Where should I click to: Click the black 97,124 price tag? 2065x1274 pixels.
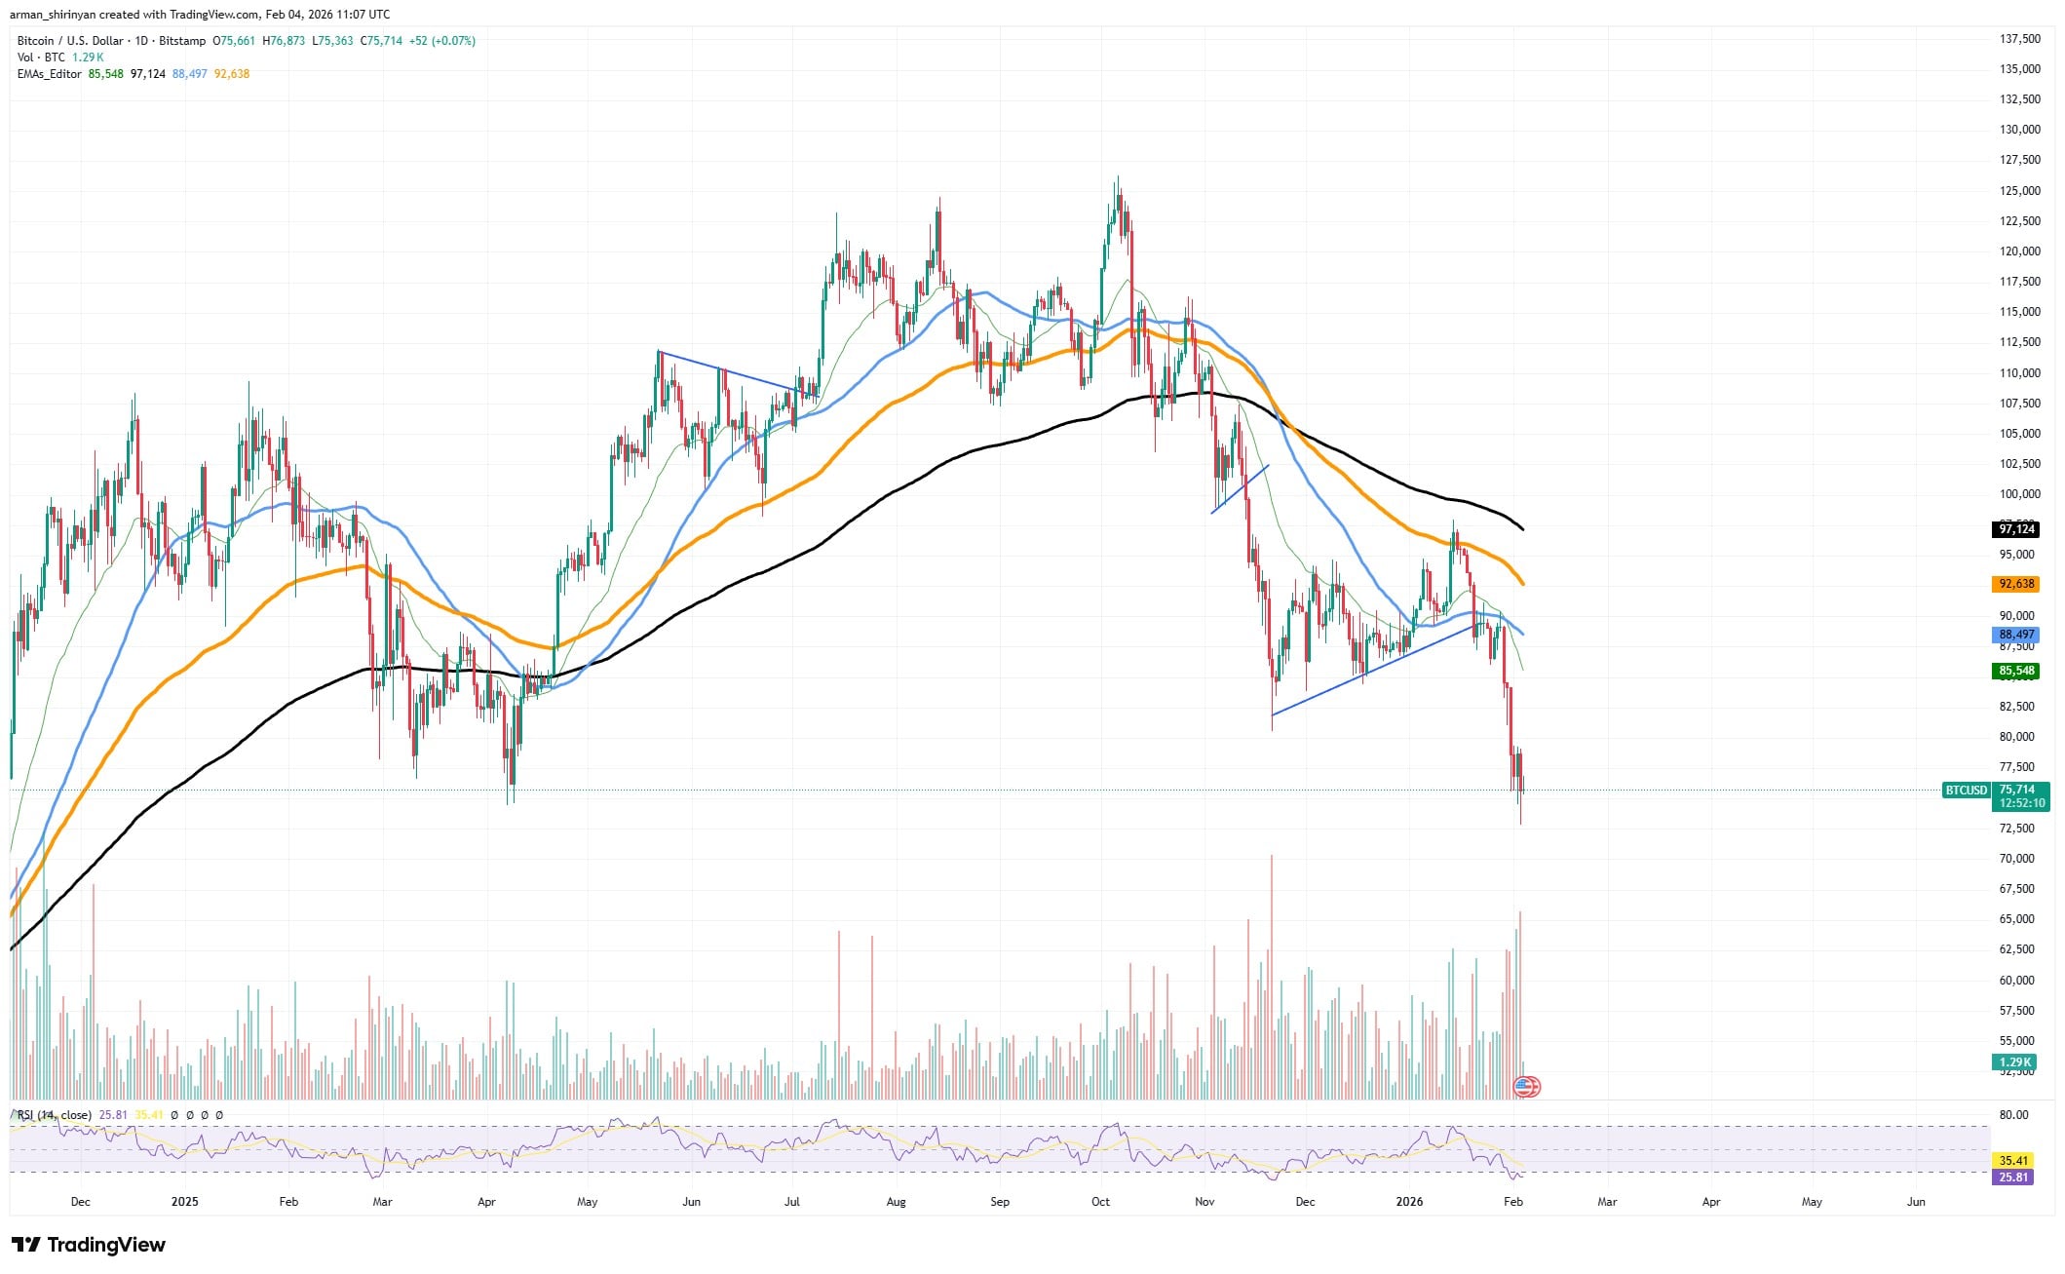[2016, 529]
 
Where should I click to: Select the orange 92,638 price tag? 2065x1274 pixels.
[2016, 584]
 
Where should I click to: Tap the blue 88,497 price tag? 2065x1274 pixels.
[2016, 635]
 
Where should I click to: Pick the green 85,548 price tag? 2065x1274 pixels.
[2016, 671]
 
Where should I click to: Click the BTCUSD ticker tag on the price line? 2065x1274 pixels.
[1965, 791]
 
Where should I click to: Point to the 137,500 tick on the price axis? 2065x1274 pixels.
[2011, 39]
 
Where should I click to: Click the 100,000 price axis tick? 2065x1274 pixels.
[2011, 494]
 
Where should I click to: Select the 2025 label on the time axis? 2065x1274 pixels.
[184, 1202]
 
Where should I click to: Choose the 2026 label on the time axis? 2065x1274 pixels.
[1409, 1202]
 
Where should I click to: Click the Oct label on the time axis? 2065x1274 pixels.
[1100, 1202]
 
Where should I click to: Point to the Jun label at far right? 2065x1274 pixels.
[1915, 1202]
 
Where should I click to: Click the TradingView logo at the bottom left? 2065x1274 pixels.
[89, 1245]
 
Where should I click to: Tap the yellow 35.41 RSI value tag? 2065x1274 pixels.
[2013, 1161]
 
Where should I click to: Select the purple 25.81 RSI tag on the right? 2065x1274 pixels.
[2013, 1177]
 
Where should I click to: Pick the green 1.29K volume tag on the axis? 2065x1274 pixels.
[2014, 1062]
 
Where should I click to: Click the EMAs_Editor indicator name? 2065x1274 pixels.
[50, 74]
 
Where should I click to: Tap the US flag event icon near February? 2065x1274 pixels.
[1527, 1087]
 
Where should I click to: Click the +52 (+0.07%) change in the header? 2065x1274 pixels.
[442, 41]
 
